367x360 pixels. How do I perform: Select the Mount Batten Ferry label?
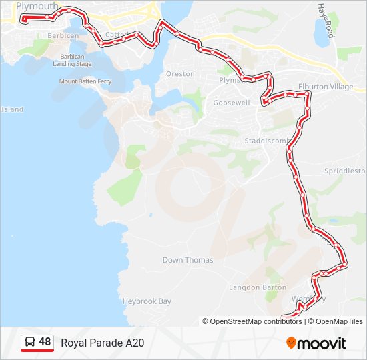(85, 81)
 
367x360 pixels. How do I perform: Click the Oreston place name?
(180, 74)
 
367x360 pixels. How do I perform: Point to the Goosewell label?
(232, 103)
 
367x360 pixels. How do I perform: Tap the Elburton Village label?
(326, 87)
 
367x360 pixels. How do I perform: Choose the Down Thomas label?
(188, 260)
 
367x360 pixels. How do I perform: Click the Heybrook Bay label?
(147, 301)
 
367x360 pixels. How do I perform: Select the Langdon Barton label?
(258, 287)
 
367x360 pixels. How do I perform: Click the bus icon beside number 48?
(30, 342)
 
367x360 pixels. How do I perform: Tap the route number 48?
(45, 342)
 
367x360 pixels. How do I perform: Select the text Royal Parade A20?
(102, 343)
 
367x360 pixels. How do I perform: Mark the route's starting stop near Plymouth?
(25, 20)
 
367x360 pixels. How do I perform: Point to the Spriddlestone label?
(346, 171)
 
